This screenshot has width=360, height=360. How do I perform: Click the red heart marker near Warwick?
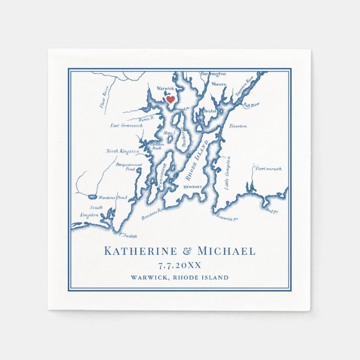point(171,99)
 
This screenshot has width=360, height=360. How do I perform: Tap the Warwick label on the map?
point(165,88)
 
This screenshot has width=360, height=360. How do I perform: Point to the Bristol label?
point(210,111)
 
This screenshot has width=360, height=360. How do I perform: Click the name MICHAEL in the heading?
point(226,252)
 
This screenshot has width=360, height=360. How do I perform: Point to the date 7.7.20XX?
point(179,266)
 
